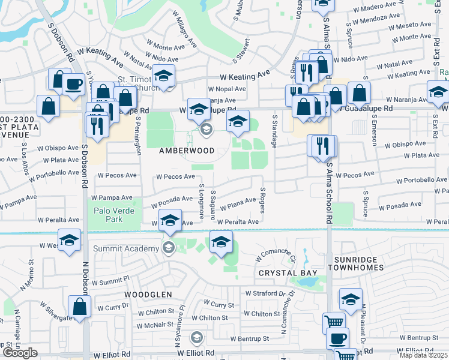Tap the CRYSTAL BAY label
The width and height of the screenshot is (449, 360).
pos(283,272)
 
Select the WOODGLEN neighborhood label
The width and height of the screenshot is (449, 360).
pos(148,295)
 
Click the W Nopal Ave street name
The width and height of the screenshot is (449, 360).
pos(227,89)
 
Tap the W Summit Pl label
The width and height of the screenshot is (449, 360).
pos(109,280)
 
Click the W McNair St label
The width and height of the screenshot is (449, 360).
pos(155,326)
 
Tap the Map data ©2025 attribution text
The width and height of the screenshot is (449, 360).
pos(423,355)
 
